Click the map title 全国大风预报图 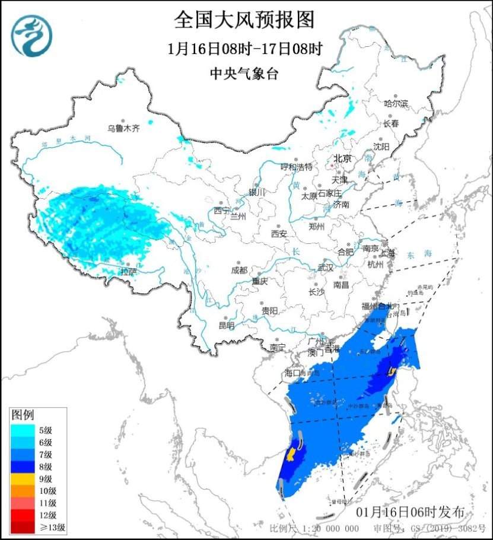pyautogui.click(x=244, y=20)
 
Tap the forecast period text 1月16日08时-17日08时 pyautogui.click(x=244, y=49)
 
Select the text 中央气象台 pyautogui.click(x=244, y=74)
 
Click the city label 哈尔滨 pyautogui.click(x=396, y=103)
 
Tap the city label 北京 pyautogui.click(x=342, y=158)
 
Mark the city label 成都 pyautogui.click(x=240, y=270)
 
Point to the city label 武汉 pyautogui.click(x=326, y=268)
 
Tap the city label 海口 pyautogui.click(x=293, y=373)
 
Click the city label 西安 pyautogui.click(x=279, y=234)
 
